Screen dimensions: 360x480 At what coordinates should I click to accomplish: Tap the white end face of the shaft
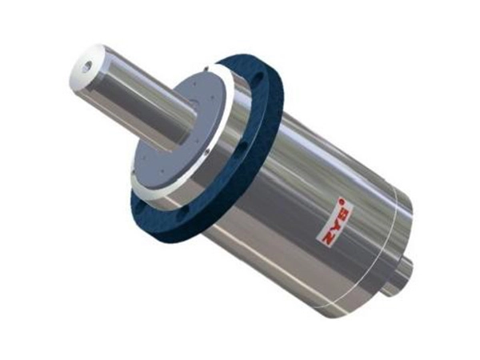pyautogui.click(x=80, y=70)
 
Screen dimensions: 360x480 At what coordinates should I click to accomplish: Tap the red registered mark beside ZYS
pyautogui.click(x=342, y=199)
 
